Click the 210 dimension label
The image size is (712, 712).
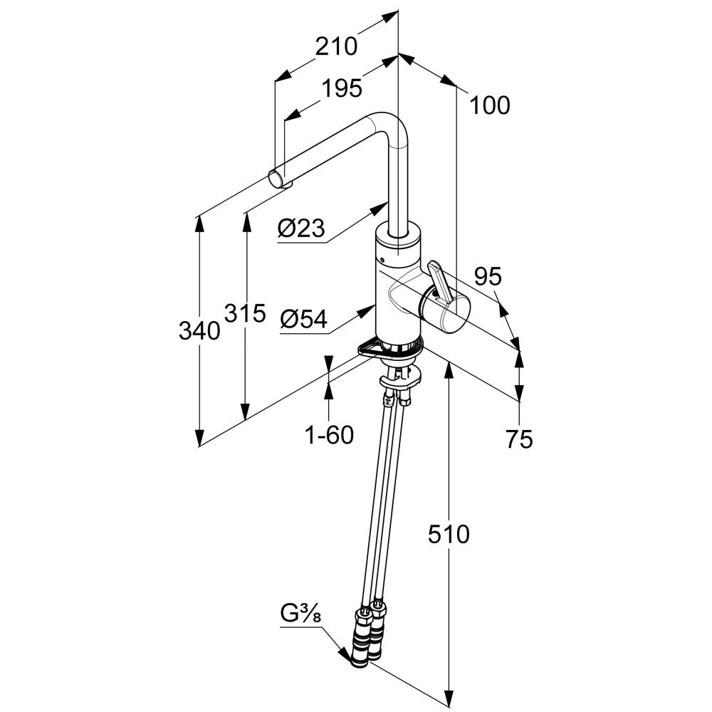pyautogui.click(x=337, y=46)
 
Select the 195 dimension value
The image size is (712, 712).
pyautogui.click(x=342, y=88)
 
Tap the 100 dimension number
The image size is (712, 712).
pyautogui.click(x=490, y=105)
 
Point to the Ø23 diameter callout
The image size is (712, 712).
pyautogui.click(x=301, y=229)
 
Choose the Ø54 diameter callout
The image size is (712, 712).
pyautogui.click(x=304, y=319)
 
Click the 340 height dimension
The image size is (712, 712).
pyautogui.click(x=199, y=330)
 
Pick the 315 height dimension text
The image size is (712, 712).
pyautogui.click(x=245, y=313)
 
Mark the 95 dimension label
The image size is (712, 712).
pyautogui.click(x=488, y=276)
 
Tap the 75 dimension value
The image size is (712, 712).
pyautogui.click(x=520, y=439)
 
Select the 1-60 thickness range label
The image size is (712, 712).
pyautogui.click(x=329, y=436)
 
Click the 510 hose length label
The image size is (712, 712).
pyautogui.click(x=449, y=534)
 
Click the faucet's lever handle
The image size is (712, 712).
pyautogui.click(x=439, y=281)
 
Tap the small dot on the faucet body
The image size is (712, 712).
pyautogui.click(x=382, y=261)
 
